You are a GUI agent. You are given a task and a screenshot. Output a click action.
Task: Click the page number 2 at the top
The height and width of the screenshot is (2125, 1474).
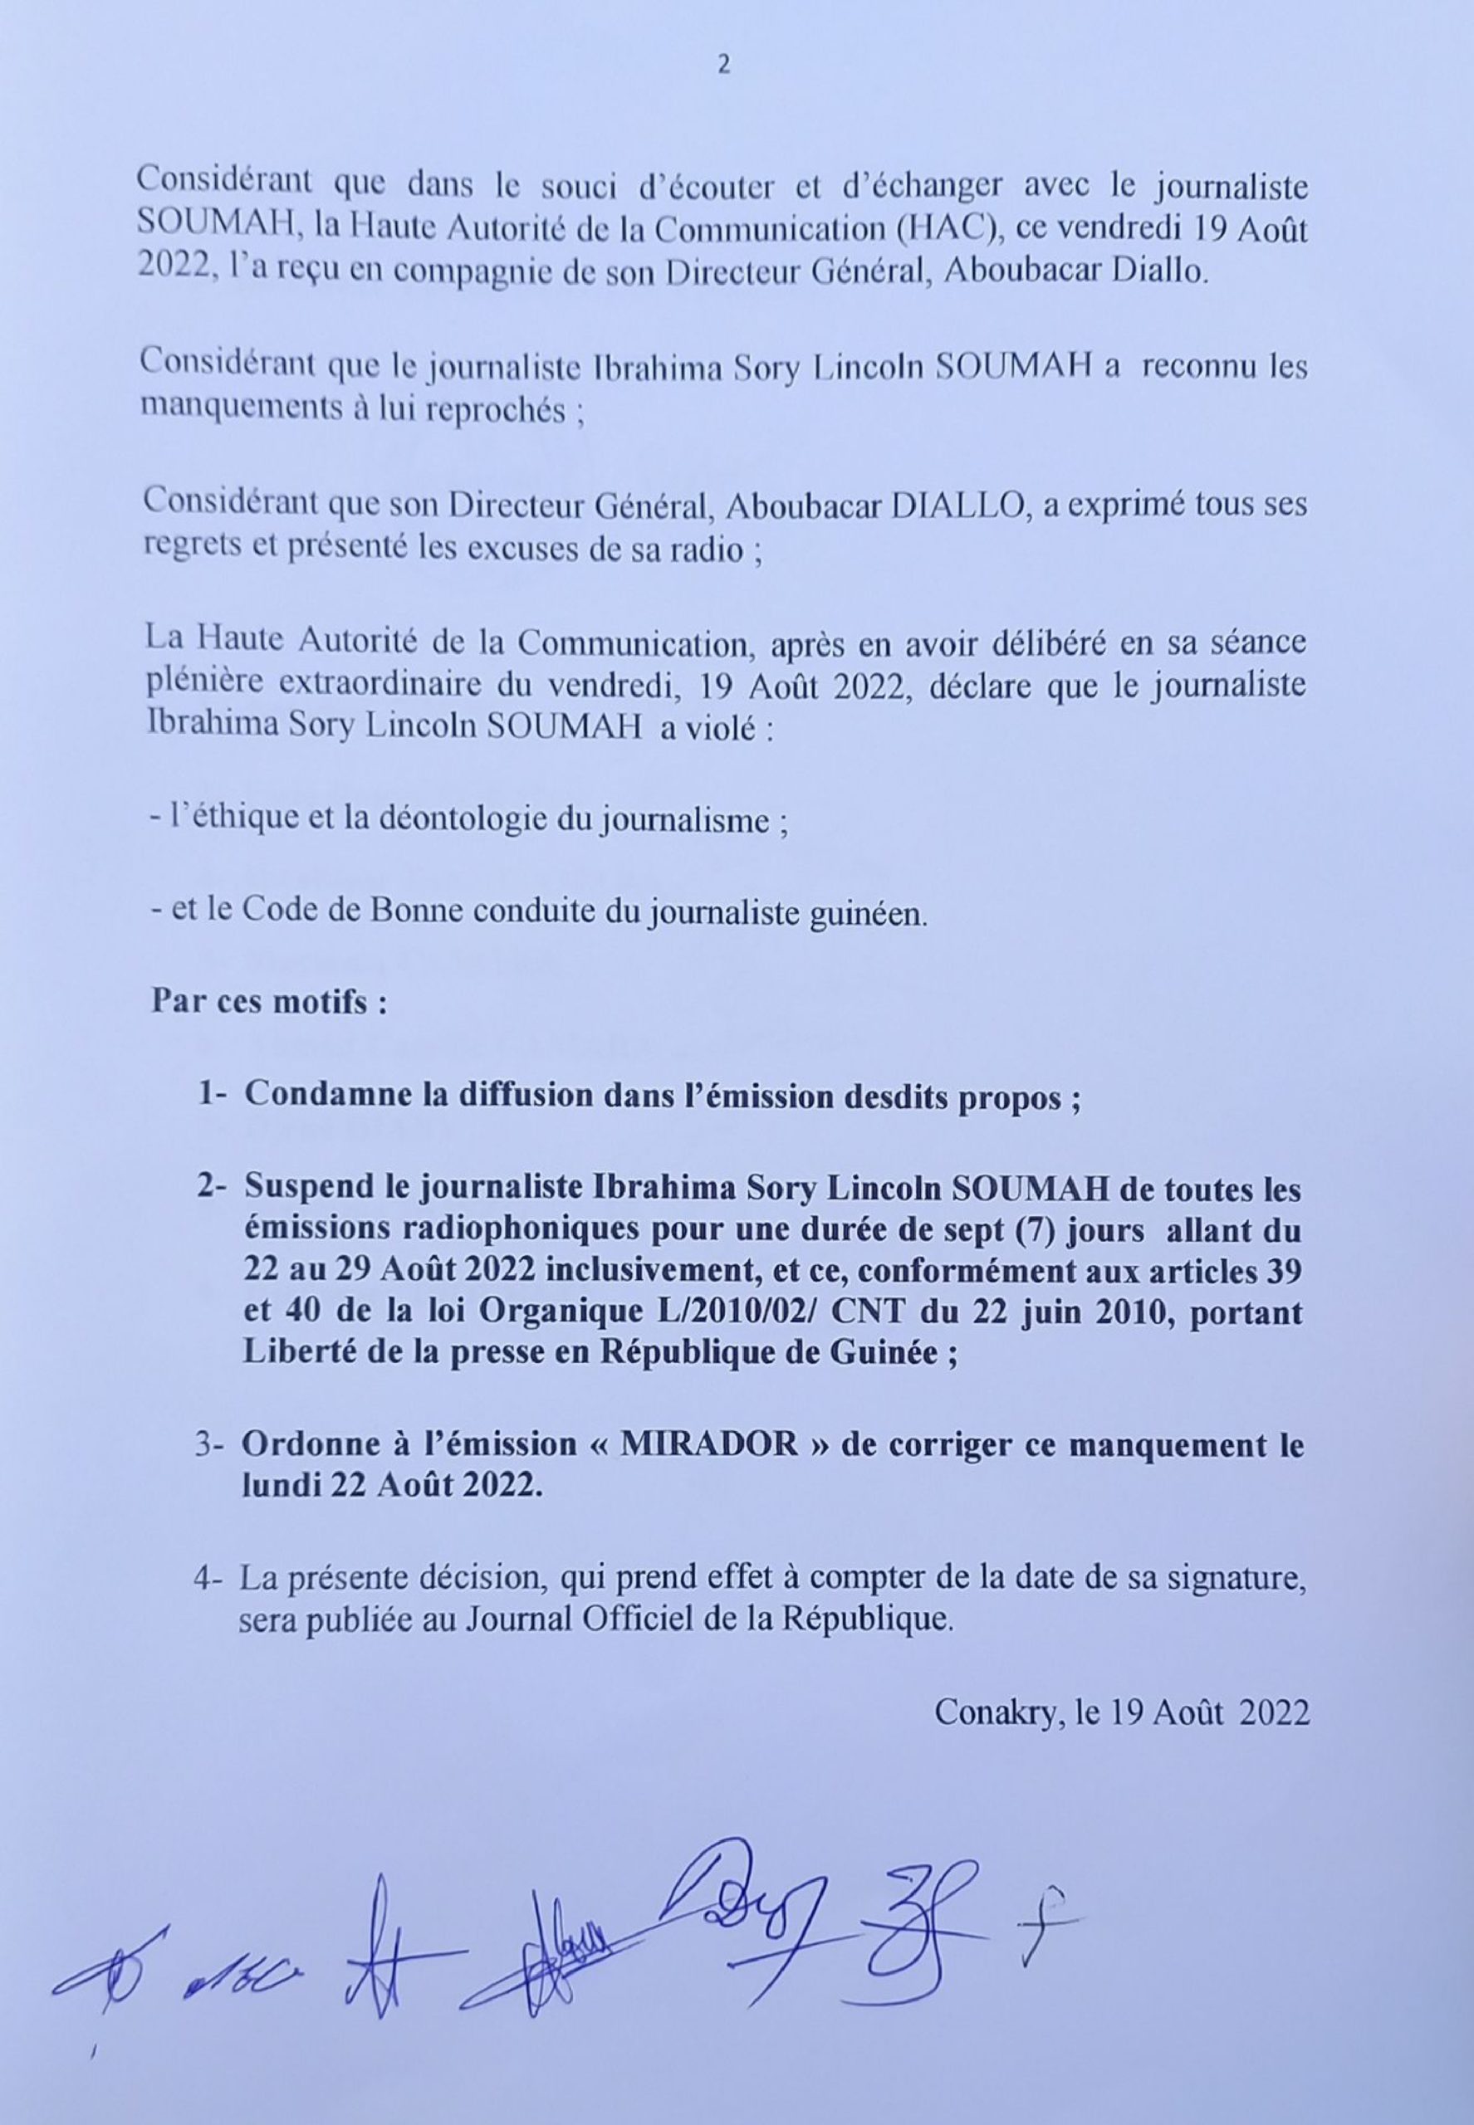pos(723,65)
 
